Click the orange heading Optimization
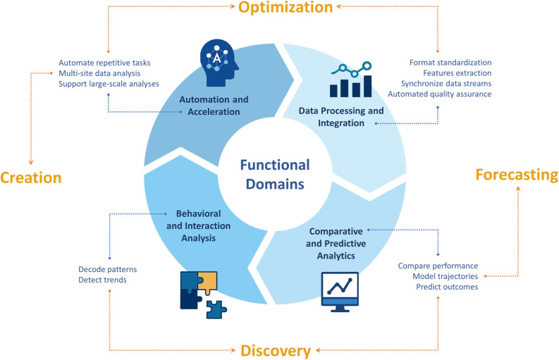tap(285, 7)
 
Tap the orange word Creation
tap(30, 178)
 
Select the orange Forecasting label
tap(517, 175)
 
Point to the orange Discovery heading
tap(276, 351)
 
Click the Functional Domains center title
tap(275, 174)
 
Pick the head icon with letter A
tap(219, 63)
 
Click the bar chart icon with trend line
tap(351, 80)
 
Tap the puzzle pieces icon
tap(203, 294)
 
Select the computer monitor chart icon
tap(340, 292)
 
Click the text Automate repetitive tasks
tap(104, 63)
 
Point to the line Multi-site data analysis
tap(99, 73)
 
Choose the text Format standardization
tap(450, 63)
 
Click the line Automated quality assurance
tap(440, 94)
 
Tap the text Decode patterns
tap(108, 269)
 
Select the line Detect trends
tap(102, 280)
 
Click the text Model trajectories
tap(446, 276)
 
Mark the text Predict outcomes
tap(447, 287)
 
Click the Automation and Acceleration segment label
tap(214, 106)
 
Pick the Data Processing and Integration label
tap(341, 117)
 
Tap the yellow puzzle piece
tap(207, 283)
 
